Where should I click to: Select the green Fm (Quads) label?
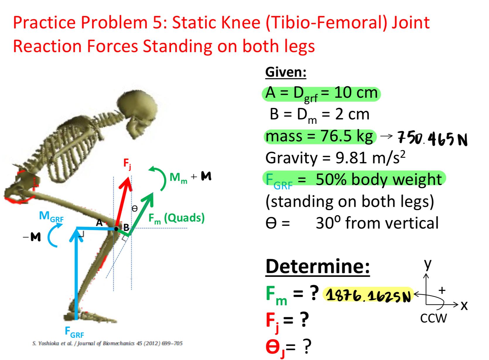176,218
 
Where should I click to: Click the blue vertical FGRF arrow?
76,278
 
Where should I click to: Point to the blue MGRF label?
51,217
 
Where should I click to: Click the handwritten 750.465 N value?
432,140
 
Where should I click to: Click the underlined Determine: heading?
317,266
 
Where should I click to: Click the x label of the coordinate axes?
464,305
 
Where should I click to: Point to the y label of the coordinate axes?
428,263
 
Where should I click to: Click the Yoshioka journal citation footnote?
107,343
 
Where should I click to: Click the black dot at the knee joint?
116,229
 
